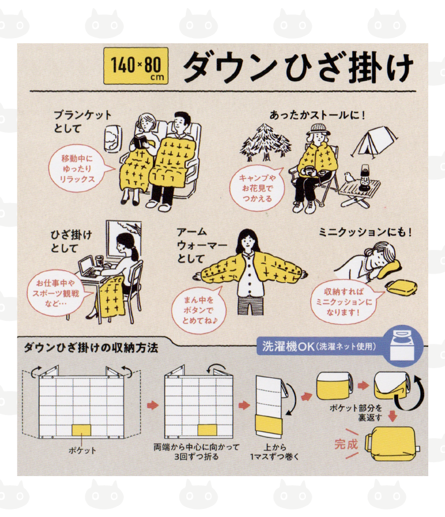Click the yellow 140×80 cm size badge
(x=136, y=66)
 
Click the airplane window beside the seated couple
(x=111, y=138)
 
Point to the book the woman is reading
(x=140, y=142)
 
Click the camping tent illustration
(x=375, y=142)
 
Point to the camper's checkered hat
(x=319, y=129)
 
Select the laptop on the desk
(x=89, y=267)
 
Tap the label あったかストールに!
(x=317, y=115)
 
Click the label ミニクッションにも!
(x=365, y=232)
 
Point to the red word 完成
(x=346, y=444)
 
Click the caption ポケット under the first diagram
(x=82, y=451)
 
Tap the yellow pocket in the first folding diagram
(x=81, y=430)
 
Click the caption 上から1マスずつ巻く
(x=275, y=452)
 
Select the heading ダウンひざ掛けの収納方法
(x=91, y=348)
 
